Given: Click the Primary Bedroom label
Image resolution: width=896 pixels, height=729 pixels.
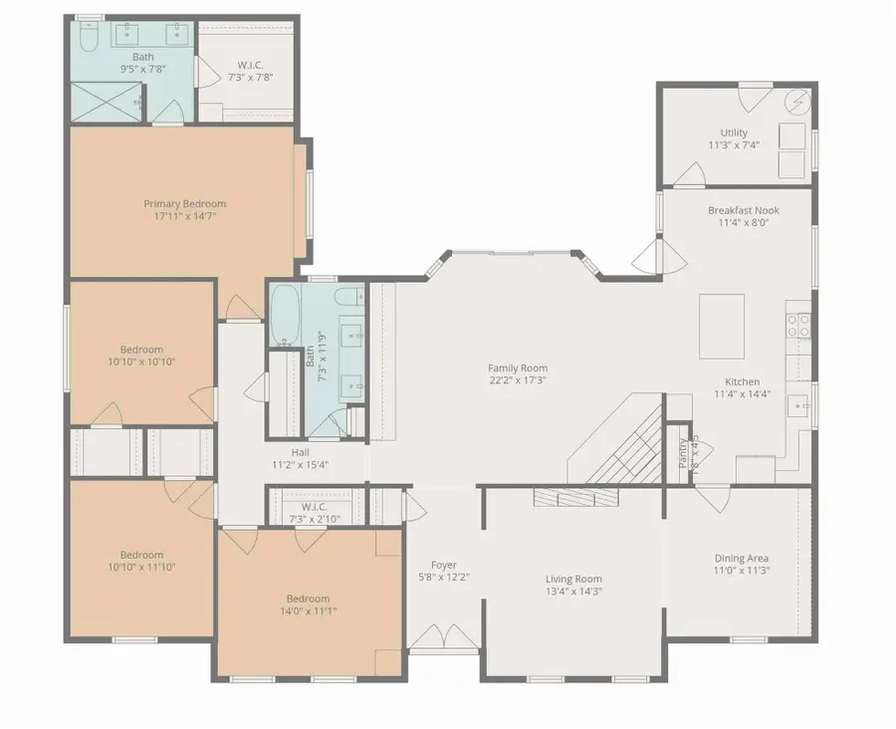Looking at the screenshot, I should point(184,204).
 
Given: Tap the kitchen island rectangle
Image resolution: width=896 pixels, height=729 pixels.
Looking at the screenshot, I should point(722,326).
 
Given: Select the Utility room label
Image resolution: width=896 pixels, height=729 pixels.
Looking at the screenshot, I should point(734,132).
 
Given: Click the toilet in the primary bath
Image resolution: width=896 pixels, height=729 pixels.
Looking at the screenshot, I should point(87,38).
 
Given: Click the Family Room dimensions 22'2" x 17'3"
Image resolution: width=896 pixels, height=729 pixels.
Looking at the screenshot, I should point(517,379).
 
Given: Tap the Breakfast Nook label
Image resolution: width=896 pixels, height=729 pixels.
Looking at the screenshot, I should point(743,210).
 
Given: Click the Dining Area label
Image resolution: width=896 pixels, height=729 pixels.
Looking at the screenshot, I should point(742,558).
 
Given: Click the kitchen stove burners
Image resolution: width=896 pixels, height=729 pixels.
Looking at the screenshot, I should point(798,325).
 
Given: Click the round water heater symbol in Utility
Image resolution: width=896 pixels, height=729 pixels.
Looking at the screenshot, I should point(797,102).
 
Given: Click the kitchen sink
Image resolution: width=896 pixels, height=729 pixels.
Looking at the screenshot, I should point(798,404).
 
